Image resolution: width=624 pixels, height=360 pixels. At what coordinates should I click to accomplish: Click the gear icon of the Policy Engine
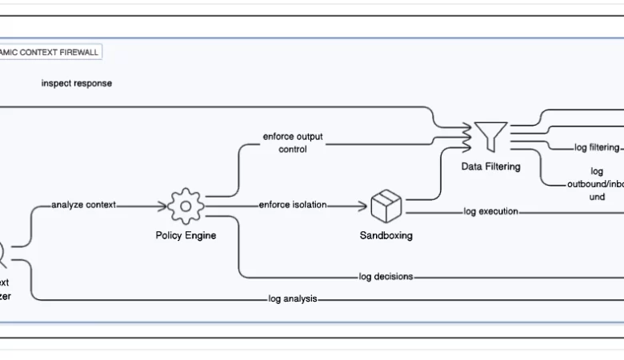click(186, 206)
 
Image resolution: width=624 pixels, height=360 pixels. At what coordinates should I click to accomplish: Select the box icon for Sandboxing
click(386, 206)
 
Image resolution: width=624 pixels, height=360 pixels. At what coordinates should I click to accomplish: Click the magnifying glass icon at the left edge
click(2, 254)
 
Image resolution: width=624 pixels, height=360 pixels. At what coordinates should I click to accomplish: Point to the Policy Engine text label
click(186, 235)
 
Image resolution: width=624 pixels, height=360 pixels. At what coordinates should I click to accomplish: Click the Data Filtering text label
click(490, 166)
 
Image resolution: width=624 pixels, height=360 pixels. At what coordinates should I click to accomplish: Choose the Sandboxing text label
click(386, 235)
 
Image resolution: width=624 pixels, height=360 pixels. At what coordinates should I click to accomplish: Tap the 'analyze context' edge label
click(83, 205)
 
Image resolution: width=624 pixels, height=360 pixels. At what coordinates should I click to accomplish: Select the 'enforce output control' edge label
click(293, 142)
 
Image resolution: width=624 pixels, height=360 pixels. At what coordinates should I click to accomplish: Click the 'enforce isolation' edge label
click(292, 205)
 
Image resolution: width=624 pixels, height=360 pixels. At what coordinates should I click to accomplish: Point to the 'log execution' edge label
click(490, 211)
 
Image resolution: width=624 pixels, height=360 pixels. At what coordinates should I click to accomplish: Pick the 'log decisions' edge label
click(386, 277)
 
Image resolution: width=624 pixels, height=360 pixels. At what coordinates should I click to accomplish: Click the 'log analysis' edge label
click(293, 298)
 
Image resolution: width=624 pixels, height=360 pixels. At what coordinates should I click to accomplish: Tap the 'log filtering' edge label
click(597, 147)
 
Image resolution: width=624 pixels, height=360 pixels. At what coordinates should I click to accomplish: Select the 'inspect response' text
click(77, 83)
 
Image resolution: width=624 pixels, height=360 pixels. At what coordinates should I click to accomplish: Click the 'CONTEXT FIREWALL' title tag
click(50, 52)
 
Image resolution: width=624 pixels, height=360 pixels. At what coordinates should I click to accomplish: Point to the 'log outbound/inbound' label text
click(596, 183)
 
